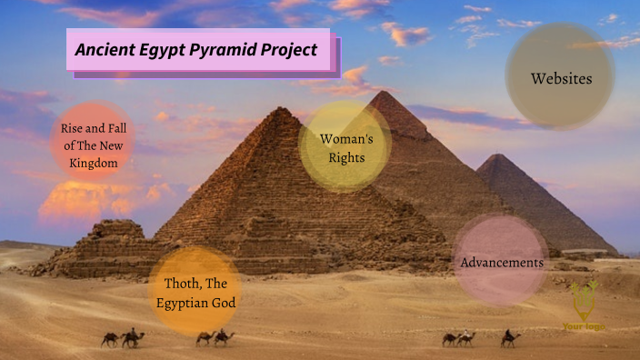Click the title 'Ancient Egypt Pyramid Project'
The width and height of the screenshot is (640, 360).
pyautogui.click(x=196, y=49)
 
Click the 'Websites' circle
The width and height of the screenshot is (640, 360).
pyautogui.click(x=561, y=78)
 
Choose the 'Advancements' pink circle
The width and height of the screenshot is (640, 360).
pyautogui.click(x=502, y=262)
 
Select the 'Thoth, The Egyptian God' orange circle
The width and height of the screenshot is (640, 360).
pyautogui.click(x=195, y=292)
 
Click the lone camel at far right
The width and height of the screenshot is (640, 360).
pyautogui.click(x=510, y=339)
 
